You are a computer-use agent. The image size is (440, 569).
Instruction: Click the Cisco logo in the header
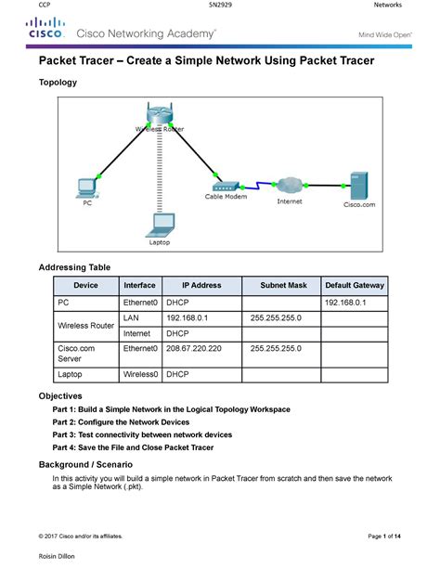[44, 32]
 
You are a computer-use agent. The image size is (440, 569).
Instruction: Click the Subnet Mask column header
[283, 286]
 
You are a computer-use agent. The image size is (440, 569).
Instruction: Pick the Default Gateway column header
[354, 286]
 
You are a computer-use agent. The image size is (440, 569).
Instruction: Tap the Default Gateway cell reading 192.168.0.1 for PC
[345, 303]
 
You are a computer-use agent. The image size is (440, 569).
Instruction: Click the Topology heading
[58, 83]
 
